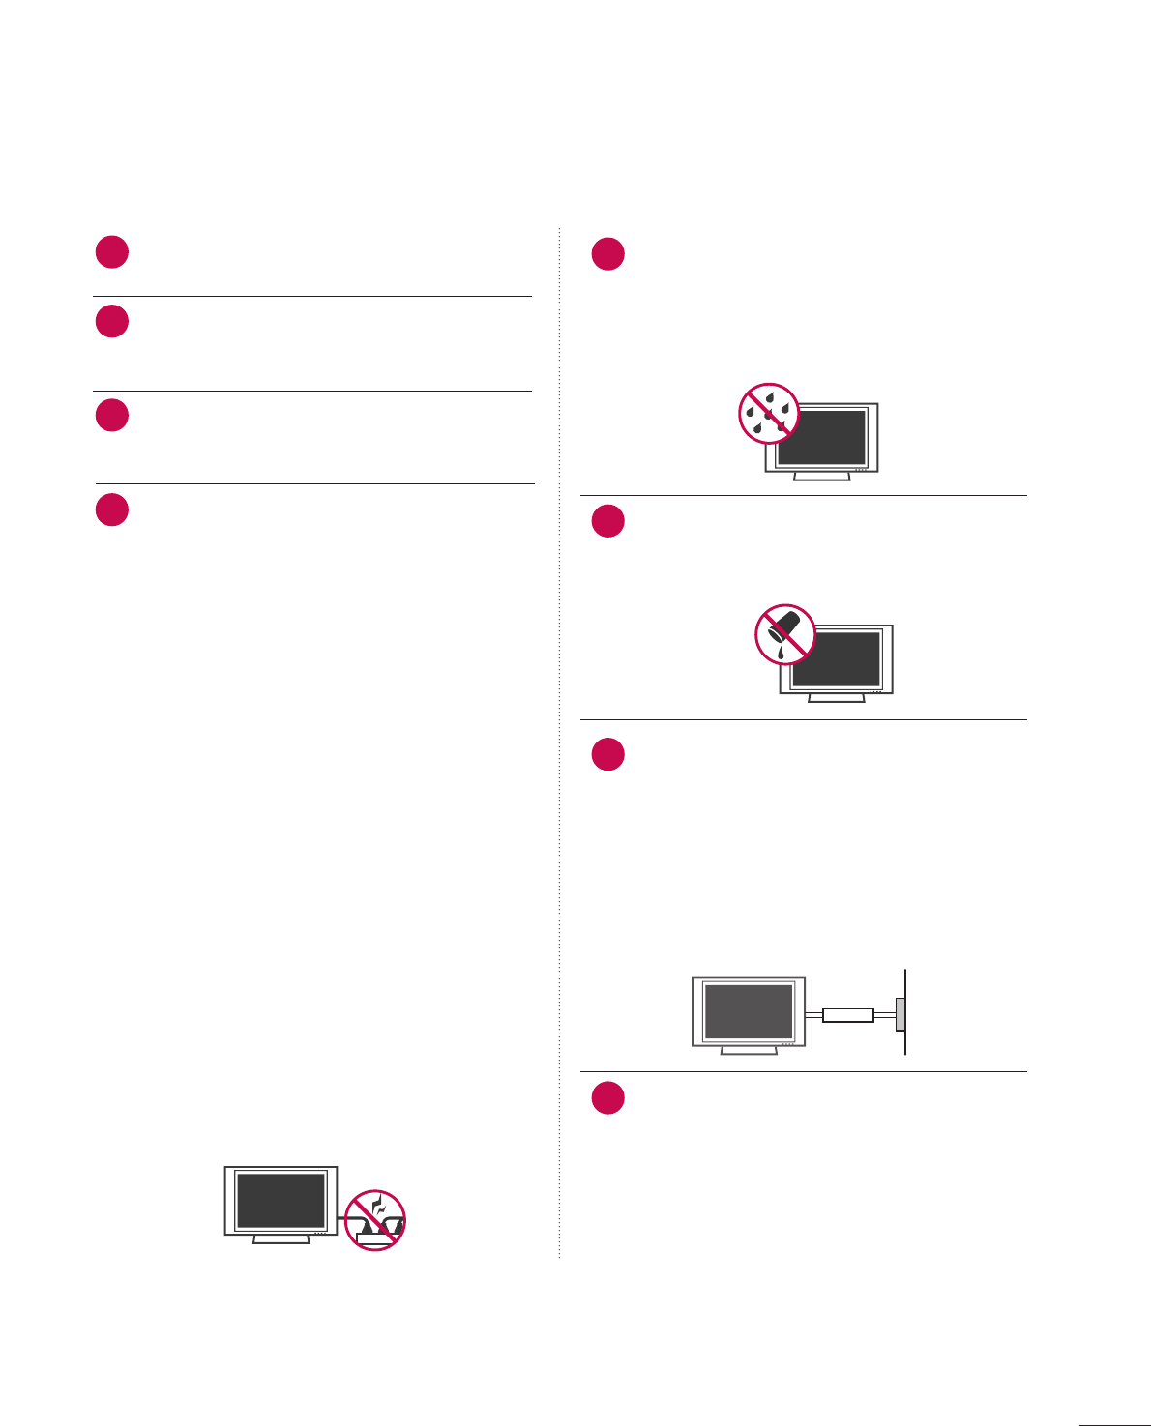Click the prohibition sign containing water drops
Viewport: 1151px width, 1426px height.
tap(769, 413)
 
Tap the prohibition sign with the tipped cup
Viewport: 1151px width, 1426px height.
tap(784, 634)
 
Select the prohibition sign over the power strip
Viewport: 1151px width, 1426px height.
tap(375, 1220)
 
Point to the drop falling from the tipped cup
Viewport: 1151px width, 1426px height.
tap(780, 656)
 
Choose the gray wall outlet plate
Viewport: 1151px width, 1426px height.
tap(900, 1015)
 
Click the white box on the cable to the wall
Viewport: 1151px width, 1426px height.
tap(848, 1015)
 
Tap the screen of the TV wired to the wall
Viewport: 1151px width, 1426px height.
tap(749, 1011)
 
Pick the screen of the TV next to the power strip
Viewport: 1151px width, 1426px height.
tap(281, 1201)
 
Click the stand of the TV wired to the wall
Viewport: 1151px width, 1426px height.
tap(749, 1050)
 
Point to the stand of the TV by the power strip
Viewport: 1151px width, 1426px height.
tap(281, 1238)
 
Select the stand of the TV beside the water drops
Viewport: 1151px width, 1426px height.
tap(821, 477)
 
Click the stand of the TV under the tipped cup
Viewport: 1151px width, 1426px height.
tap(837, 698)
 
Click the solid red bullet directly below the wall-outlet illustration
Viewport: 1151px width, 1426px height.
tap(608, 1098)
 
